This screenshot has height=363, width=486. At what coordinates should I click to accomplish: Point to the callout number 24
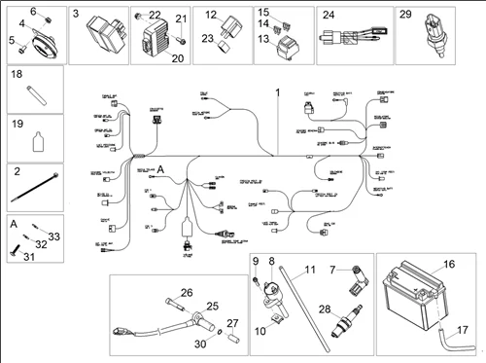tap(329, 15)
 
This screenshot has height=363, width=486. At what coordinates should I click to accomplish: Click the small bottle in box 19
tap(36, 140)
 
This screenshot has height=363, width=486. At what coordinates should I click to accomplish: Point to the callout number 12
tap(211, 15)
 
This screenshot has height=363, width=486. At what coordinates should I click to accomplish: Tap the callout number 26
tap(187, 292)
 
